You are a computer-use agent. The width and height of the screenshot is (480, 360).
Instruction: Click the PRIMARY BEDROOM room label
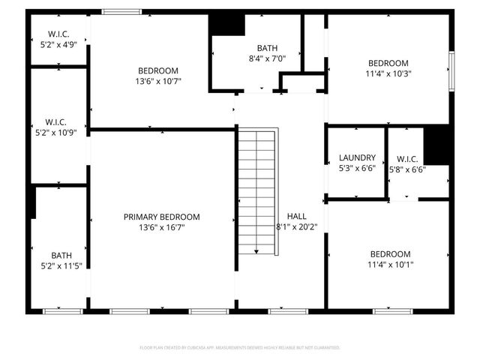point(162,217)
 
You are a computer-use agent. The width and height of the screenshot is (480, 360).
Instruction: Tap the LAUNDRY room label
point(356,157)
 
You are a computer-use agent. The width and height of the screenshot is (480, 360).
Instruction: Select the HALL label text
point(296,216)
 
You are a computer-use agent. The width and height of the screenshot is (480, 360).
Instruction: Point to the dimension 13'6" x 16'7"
point(162,227)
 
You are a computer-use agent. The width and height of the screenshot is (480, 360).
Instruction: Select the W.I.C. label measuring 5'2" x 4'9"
point(58,34)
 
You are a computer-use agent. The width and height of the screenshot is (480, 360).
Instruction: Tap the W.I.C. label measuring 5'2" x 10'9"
point(58,121)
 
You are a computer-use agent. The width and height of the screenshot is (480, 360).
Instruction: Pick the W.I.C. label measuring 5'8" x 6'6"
point(407,159)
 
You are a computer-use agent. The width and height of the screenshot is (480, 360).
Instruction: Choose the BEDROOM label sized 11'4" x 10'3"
point(388,63)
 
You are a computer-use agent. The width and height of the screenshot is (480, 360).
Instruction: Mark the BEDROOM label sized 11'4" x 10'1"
point(389,253)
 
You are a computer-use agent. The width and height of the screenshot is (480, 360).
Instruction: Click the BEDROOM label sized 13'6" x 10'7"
point(158,70)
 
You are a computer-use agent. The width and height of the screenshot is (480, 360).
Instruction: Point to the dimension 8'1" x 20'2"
point(296,226)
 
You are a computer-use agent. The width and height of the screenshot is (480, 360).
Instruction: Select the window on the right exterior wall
point(451,71)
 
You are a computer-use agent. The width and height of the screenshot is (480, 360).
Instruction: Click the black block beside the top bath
point(226,24)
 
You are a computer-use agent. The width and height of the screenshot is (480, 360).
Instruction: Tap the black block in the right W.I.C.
point(436,145)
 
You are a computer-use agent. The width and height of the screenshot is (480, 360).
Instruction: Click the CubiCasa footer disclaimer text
point(240,348)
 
